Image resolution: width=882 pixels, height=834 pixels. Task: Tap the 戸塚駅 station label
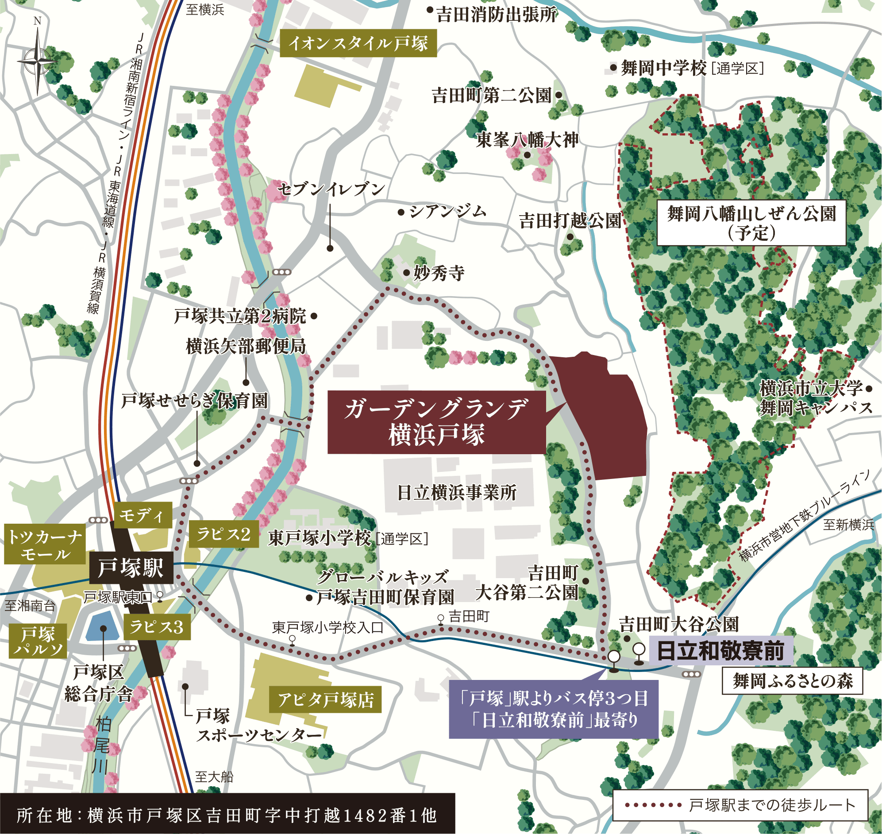(131, 568)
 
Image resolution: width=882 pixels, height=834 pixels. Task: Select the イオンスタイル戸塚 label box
(358, 43)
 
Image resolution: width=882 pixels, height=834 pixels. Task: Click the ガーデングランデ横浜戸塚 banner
(436, 422)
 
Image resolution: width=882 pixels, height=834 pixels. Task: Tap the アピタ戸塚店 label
(325, 700)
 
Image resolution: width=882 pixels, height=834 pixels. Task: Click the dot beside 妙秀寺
(406, 273)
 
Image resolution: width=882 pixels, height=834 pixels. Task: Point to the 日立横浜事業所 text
(456, 493)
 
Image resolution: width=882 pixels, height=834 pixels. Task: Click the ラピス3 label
(156, 627)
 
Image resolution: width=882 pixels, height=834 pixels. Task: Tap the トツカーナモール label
(45, 545)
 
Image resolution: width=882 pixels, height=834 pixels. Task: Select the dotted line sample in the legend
(653, 805)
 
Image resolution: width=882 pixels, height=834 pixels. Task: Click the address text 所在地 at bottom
(227, 815)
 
